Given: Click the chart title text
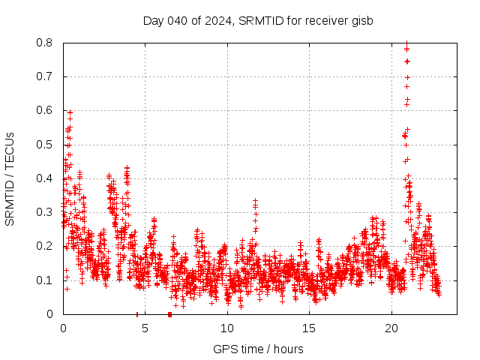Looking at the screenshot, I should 258,20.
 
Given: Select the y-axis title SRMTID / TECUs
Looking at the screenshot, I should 10,178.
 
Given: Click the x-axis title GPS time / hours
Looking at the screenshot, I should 258,349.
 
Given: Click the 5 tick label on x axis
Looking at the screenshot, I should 145,328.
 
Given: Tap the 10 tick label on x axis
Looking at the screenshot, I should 227,328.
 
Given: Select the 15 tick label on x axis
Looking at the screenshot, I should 309,328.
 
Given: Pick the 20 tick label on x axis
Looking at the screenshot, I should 391,328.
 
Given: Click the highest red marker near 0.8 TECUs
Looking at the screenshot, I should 406,43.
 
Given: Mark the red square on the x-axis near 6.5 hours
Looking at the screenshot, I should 169,314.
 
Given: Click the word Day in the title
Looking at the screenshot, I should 153,20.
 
